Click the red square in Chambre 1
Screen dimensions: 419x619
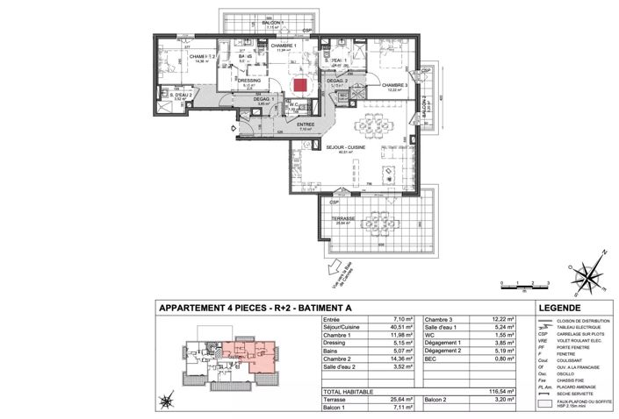pos(300,86)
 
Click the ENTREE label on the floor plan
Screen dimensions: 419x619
pos(306,125)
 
